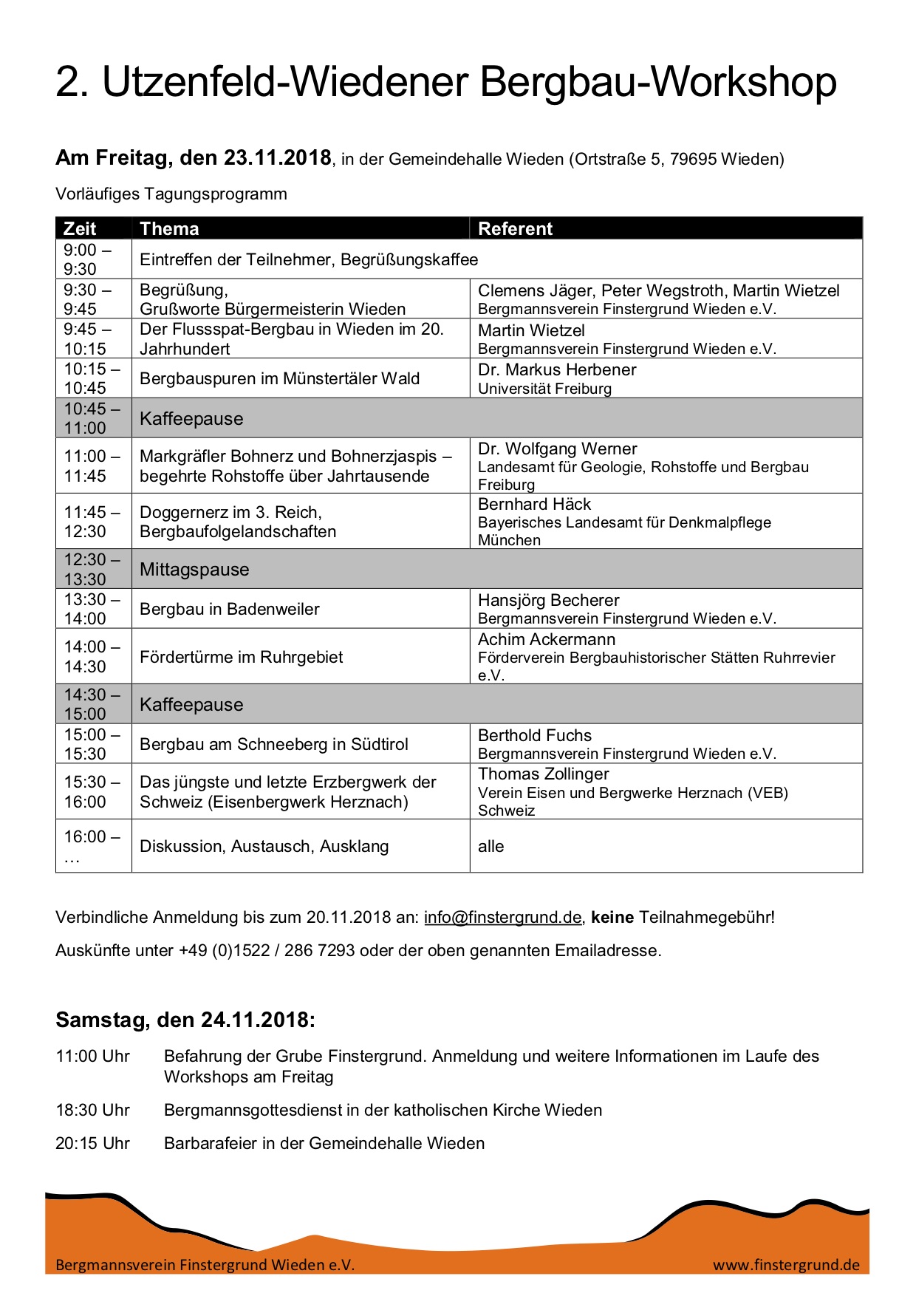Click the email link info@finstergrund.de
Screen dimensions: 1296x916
click(502, 917)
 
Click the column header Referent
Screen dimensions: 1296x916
click(515, 228)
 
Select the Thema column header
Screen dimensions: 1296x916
click(169, 228)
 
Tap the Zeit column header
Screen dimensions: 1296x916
click(80, 228)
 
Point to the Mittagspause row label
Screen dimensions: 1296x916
click(194, 569)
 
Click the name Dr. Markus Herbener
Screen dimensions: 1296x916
click(557, 369)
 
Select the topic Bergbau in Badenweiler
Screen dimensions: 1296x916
click(230, 609)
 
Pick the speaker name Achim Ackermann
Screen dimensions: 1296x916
click(547, 639)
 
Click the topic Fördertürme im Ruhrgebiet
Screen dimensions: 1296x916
click(242, 657)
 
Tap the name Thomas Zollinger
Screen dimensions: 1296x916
click(544, 774)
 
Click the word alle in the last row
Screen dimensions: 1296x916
click(491, 846)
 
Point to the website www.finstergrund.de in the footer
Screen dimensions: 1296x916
click(786, 1264)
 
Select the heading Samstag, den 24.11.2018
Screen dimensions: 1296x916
click(185, 1020)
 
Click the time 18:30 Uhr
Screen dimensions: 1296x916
click(92, 1110)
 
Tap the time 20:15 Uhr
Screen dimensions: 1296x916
click(92, 1143)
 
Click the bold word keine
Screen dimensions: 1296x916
click(612, 917)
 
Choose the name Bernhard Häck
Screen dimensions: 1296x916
click(534, 504)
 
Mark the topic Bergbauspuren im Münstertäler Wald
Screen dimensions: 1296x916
click(279, 378)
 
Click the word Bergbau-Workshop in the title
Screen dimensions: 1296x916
click(658, 81)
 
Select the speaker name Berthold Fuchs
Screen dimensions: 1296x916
click(535, 735)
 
